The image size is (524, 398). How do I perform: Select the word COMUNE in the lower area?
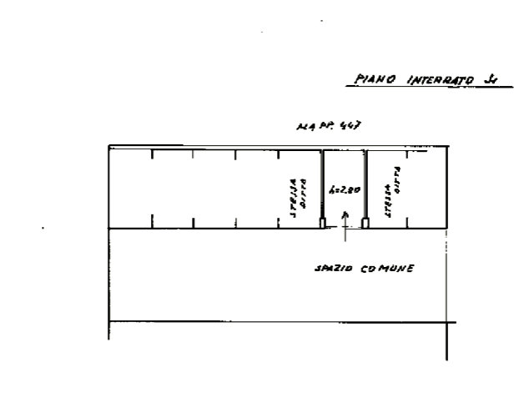386,270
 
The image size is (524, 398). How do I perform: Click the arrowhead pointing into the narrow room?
344,214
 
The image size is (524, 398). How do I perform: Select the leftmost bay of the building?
130,188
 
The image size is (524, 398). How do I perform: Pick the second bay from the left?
173,188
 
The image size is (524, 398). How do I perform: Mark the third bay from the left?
214,188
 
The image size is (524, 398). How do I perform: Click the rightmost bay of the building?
426,188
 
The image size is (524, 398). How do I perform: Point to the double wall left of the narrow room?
323,188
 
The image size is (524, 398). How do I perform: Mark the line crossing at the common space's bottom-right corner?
446,321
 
